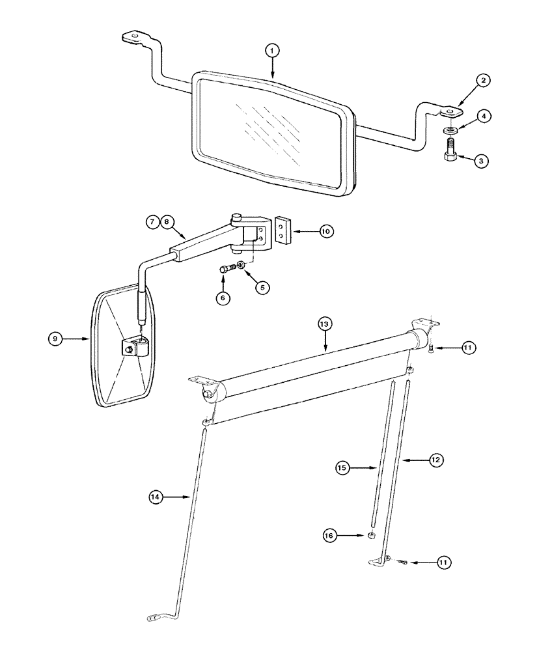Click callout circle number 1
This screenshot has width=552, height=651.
pos(272,50)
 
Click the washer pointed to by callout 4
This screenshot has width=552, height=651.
pos(450,128)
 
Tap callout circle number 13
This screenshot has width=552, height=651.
pos(324,324)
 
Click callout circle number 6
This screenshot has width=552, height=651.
pos(223,298)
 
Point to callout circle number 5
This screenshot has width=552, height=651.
pos(262,287)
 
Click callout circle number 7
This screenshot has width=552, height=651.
pos(152,222)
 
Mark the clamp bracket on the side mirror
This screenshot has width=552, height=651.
pos(136,347)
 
